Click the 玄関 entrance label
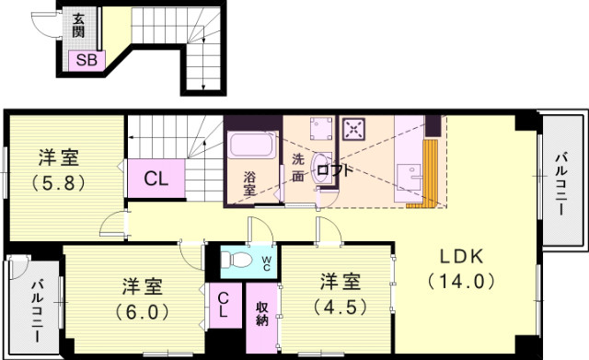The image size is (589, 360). (80, 26)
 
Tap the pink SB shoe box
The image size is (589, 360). (87, 60)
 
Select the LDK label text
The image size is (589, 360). (460, 256)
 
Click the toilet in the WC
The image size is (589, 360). (238, 260)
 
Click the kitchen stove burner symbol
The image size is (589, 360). (352, 129)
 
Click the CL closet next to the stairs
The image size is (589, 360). (156, 179)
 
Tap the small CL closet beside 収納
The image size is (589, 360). (224, 305)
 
